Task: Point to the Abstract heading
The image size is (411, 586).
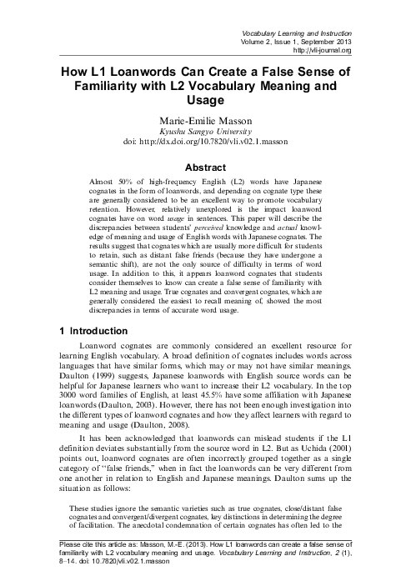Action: tap(205, 166)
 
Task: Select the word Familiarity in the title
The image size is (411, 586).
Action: tap(116, 86)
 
